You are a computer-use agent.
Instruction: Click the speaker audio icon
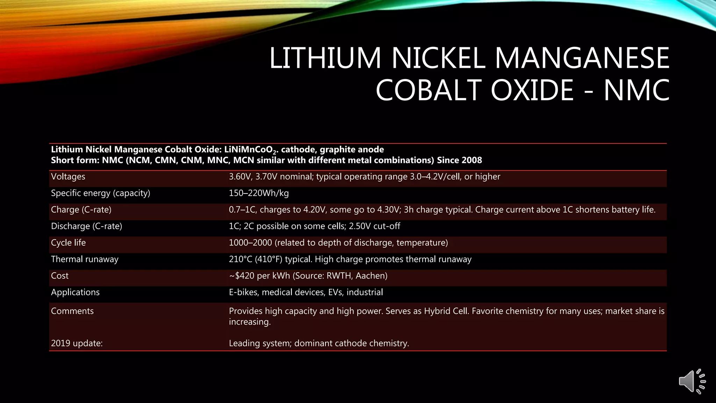pos(692,381)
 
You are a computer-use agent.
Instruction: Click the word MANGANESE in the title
pos(582,58)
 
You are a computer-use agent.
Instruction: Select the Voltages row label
pos(68,177)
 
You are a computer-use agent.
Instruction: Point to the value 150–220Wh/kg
pos(259,193)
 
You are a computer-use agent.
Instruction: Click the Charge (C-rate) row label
pos(81,210)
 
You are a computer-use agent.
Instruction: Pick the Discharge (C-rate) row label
pos(86,226)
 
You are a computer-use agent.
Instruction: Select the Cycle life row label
pos(68,243)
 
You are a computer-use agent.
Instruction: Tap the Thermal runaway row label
pos(85,259)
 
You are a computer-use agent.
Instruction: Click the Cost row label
pos(60,276)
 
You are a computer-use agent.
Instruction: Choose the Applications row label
pos(75,292)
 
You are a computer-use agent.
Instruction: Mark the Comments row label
pos(72,311)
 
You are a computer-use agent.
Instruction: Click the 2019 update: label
pos(77,343)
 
